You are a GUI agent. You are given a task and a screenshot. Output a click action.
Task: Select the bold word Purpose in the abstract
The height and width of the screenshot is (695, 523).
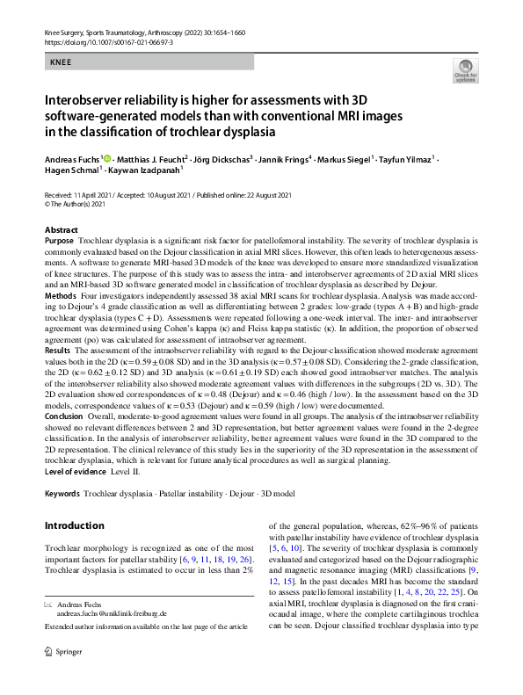(x=59, y=240)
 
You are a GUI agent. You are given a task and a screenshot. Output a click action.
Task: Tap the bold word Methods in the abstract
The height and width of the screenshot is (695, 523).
(x=60, y=297)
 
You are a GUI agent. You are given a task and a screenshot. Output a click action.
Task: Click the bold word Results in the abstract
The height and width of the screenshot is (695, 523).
(x=58, y=349)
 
